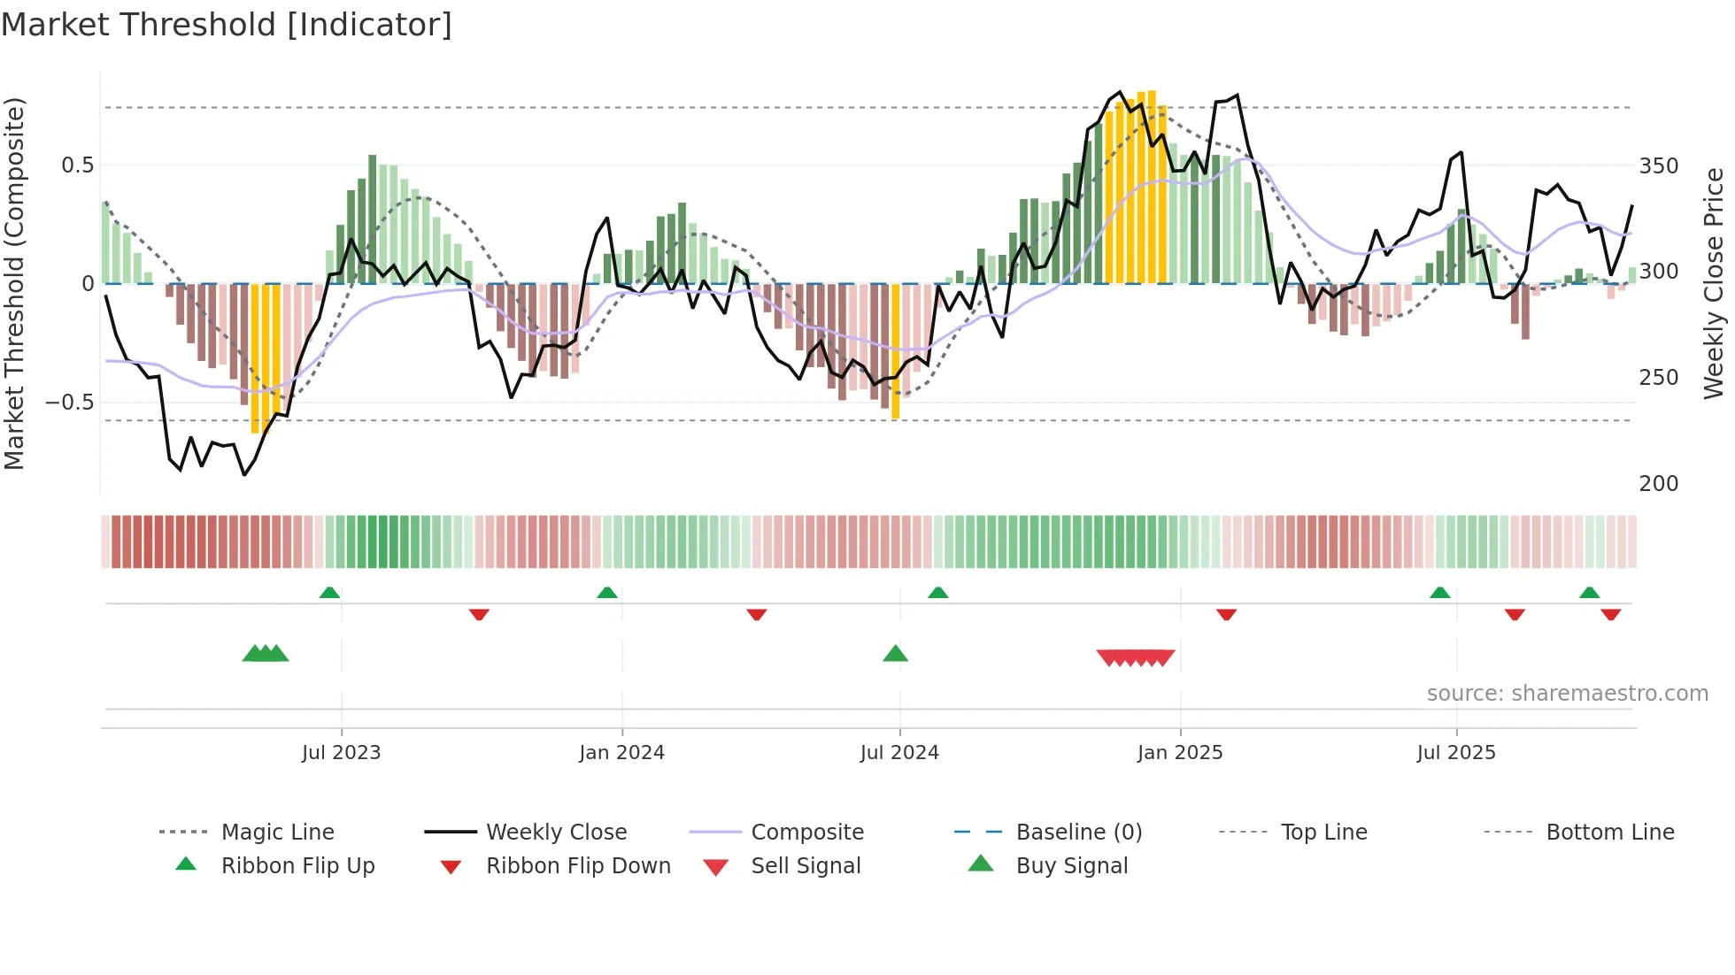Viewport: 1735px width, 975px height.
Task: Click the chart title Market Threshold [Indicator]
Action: click(227, 25)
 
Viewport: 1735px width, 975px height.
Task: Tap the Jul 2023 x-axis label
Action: click(341, 753)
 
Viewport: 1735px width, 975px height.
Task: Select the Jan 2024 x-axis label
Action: click(621, 753)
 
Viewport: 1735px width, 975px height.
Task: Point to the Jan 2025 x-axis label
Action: click(1179, 753)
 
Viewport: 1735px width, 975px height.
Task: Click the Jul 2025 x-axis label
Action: click(1455, 753)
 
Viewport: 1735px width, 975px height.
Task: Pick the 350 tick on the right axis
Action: click(1658, 166)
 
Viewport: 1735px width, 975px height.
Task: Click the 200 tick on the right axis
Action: click(1658, 484)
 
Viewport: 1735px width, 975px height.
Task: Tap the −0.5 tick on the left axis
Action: click(70, 403)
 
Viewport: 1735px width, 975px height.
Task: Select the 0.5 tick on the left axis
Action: click(77, 165)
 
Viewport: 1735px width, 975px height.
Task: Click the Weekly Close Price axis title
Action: click(1714, 283)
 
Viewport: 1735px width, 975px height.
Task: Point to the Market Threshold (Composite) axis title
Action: click(14, 283)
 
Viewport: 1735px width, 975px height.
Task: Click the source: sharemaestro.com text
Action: click(1567, 694)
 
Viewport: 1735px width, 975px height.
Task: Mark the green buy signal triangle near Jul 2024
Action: click(895, 655)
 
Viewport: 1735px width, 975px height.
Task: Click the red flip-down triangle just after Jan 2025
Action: click(1226, 614)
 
